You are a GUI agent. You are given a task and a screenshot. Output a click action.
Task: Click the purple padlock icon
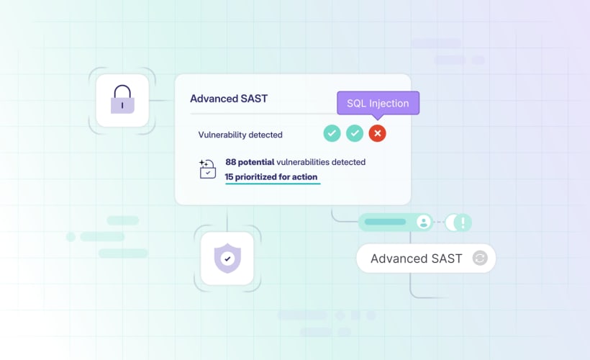122,100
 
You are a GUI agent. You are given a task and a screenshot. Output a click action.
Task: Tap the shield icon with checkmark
227,257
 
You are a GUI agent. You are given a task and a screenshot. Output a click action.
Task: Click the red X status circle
377,133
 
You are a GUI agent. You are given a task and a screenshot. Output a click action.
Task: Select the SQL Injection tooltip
378,103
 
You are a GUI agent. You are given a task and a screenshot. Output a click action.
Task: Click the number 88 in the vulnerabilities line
231,162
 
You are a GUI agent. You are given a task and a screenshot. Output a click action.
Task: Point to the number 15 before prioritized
229,176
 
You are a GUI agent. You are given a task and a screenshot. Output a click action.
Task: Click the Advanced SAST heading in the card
228,99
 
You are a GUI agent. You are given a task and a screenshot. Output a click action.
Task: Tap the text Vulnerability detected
240,135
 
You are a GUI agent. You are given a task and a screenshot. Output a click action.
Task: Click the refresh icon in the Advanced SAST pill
480,258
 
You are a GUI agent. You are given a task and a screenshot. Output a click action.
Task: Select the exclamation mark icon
463,222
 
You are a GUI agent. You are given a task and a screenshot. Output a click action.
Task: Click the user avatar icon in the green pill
424,222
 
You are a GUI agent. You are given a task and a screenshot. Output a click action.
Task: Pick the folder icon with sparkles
207,169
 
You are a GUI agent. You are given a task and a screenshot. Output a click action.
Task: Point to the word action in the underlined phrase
304,176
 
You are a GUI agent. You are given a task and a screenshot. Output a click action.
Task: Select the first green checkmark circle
332,133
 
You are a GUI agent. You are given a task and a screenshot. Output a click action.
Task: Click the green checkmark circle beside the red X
355,133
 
